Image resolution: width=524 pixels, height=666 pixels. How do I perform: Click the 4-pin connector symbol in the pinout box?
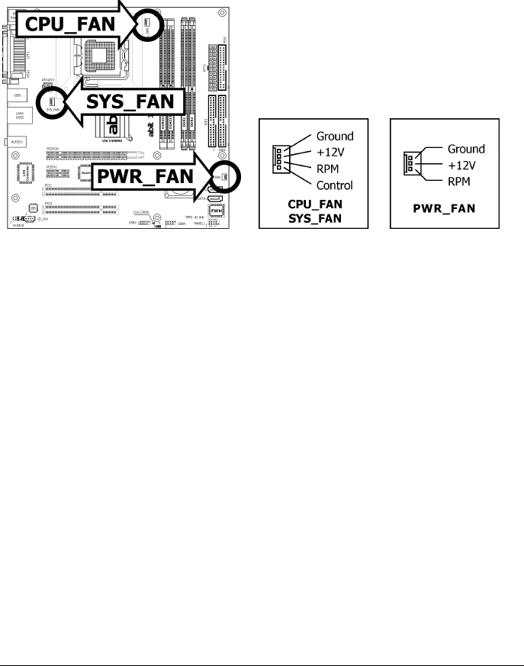[278, 160]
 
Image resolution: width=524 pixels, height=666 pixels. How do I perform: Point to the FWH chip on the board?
[215, 215]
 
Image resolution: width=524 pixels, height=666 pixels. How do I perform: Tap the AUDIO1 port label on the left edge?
[14, 141]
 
